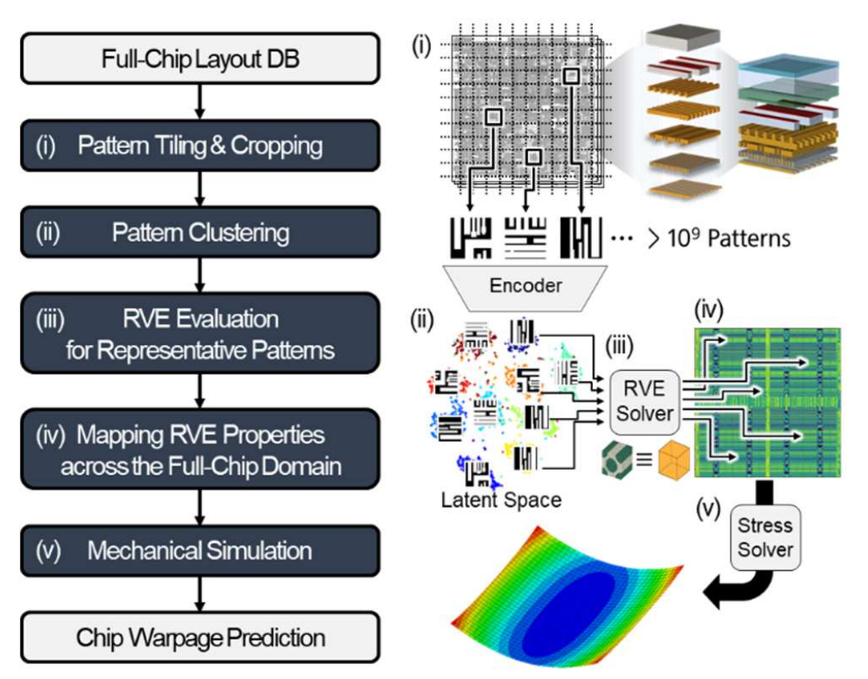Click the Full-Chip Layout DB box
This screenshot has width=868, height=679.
coord(200,59)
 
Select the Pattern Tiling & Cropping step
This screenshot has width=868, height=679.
coord(200,147)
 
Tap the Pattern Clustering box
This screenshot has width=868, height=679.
coord(200,233)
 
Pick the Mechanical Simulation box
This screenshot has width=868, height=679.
coord(200,551)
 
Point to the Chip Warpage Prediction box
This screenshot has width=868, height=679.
coord(200,637)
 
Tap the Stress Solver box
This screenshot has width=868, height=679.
coord(765,536)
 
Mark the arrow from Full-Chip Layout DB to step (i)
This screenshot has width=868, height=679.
coord(200,102)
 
